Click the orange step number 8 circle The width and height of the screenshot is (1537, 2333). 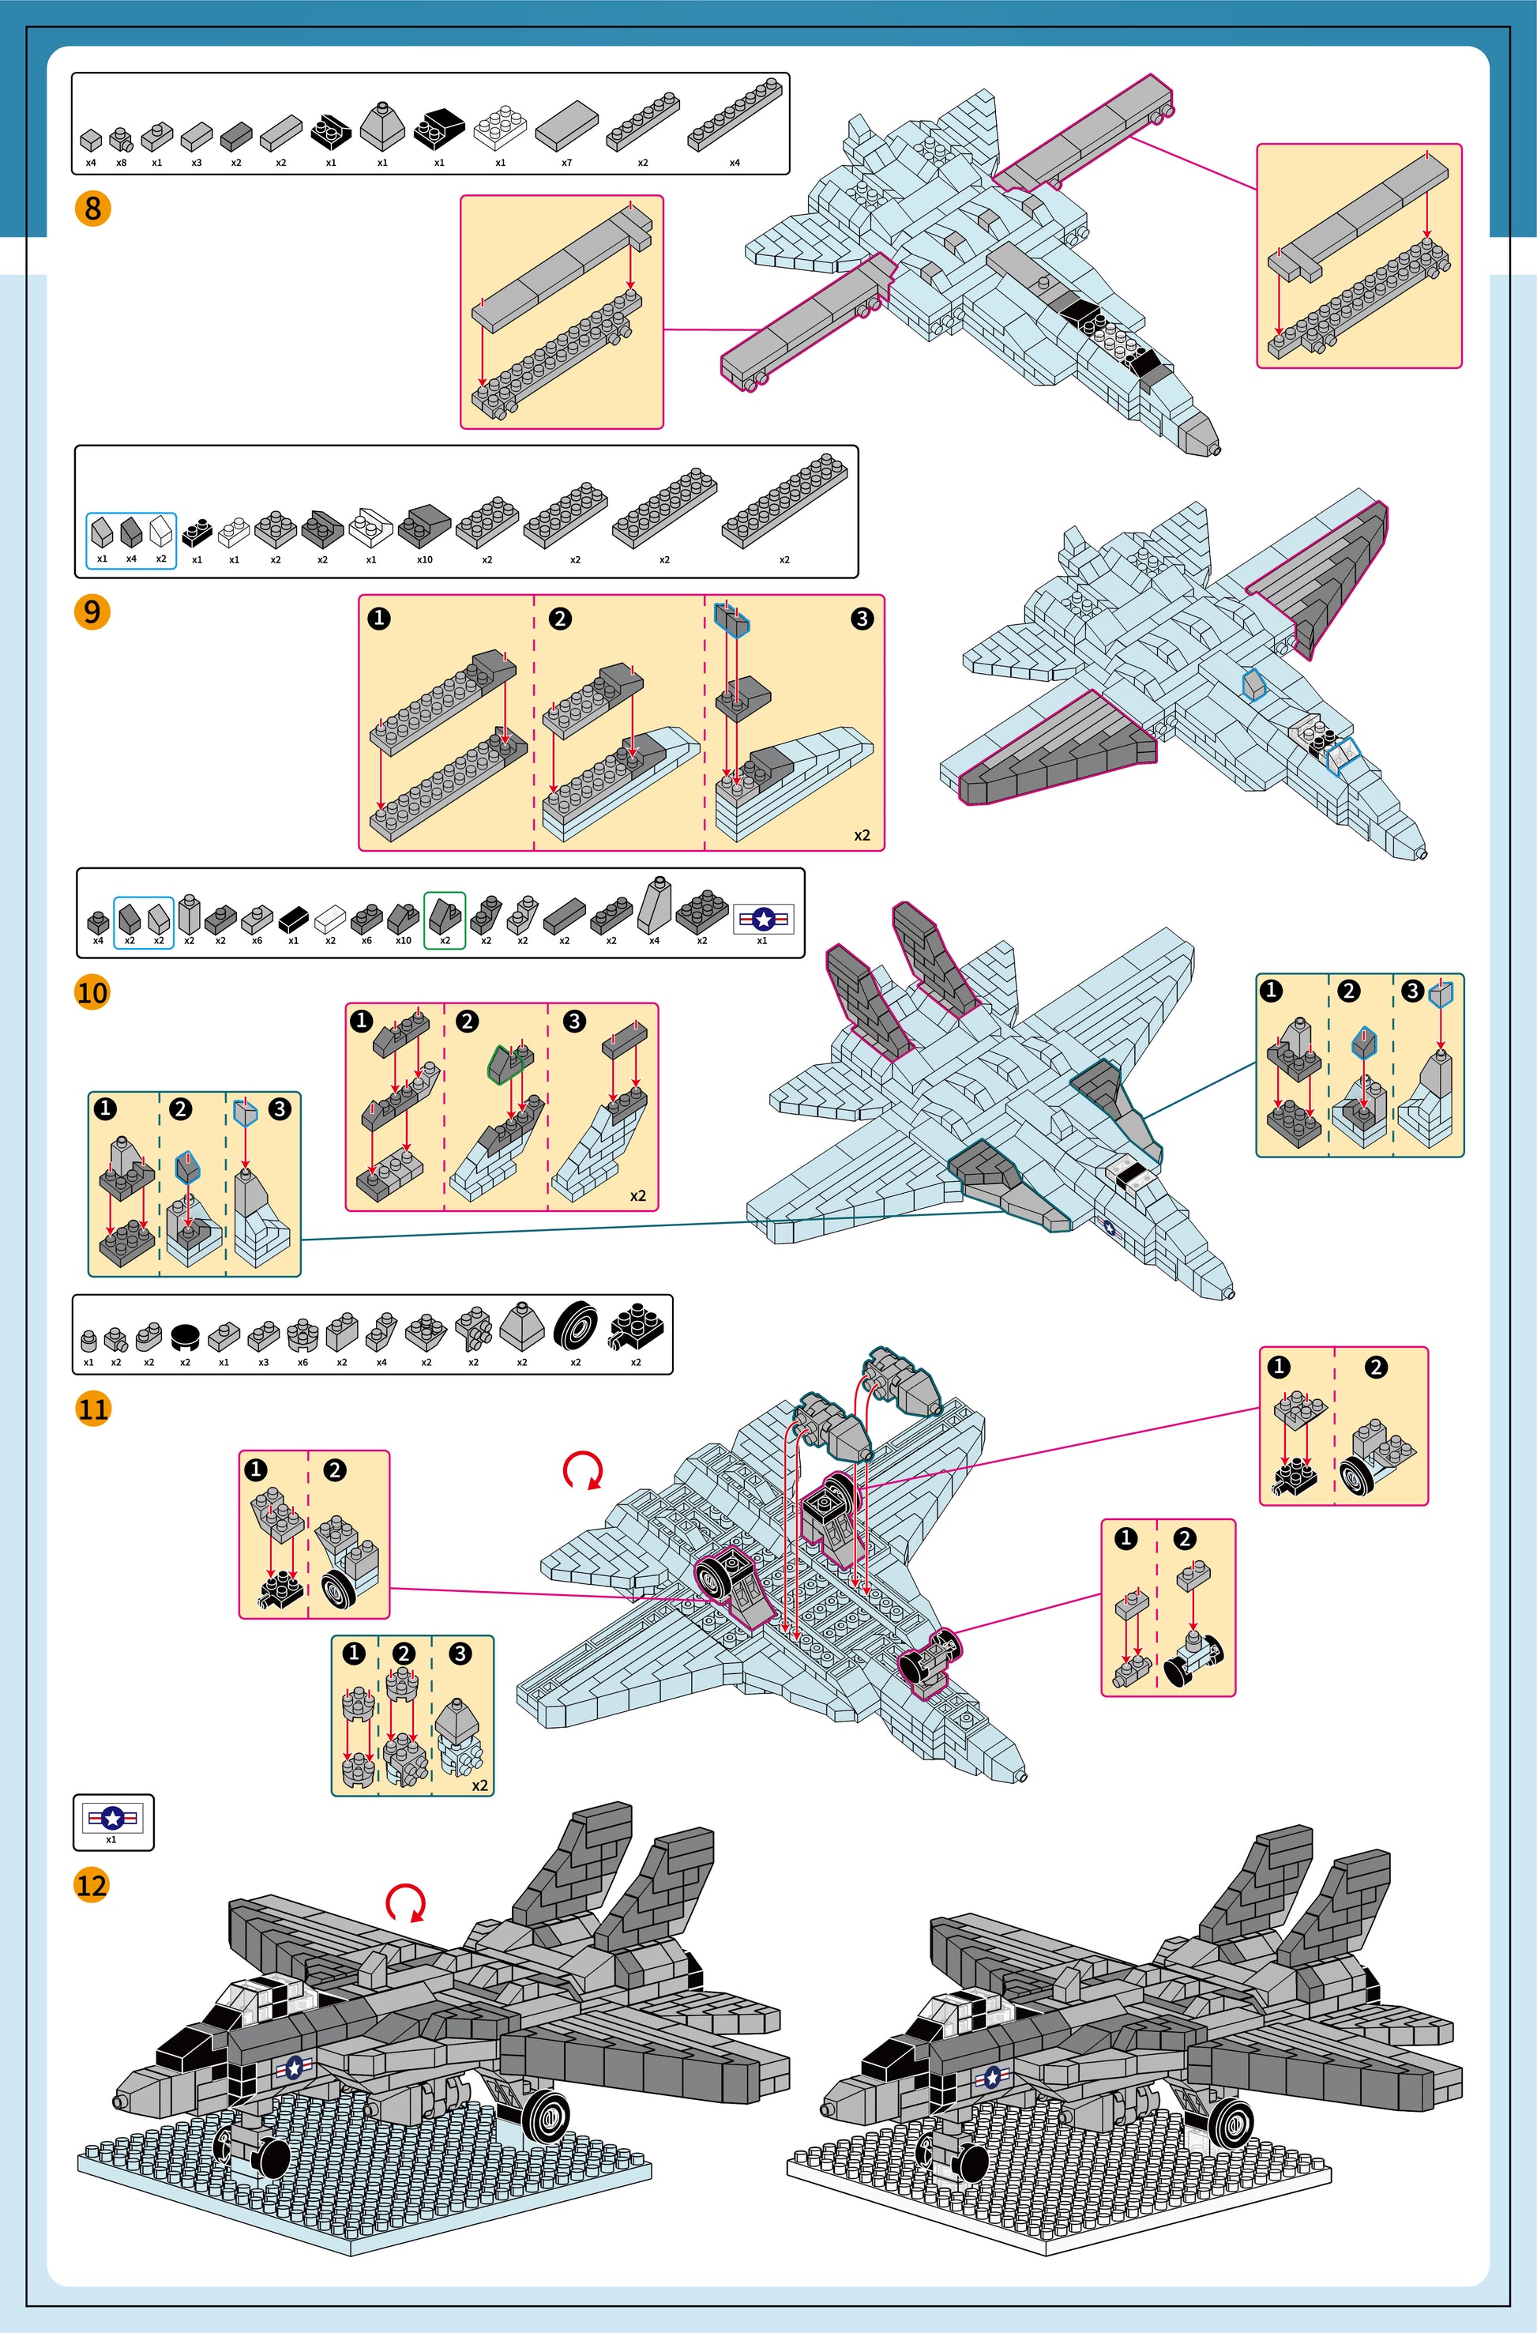(x=92, y=208)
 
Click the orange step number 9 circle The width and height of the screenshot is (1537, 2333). (x=92, y=611)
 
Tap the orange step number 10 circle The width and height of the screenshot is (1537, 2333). (x=92, y=992)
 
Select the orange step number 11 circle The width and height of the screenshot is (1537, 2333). (x=92, y=1409)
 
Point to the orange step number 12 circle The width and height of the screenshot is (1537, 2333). (x=92, y=1884)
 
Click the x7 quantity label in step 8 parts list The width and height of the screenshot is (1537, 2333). (x=566, y=163)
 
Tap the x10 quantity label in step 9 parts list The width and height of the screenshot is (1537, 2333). (x=424, y=559)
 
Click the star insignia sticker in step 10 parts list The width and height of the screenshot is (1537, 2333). (x=763, y=919)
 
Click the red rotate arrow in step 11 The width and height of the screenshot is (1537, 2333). (x=582, y=1470)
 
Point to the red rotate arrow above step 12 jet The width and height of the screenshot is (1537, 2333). (x=406, y=1902)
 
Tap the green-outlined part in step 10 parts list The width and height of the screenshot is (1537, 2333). (x=444, y=915)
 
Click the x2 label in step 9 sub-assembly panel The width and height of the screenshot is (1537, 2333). (x=862, y=835)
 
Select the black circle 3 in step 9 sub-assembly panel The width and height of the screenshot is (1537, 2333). (x=862, y=619)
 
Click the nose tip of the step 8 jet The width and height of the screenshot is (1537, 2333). (x=1216, y=450)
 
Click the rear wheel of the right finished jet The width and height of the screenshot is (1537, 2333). (x=1231, y=2121)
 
